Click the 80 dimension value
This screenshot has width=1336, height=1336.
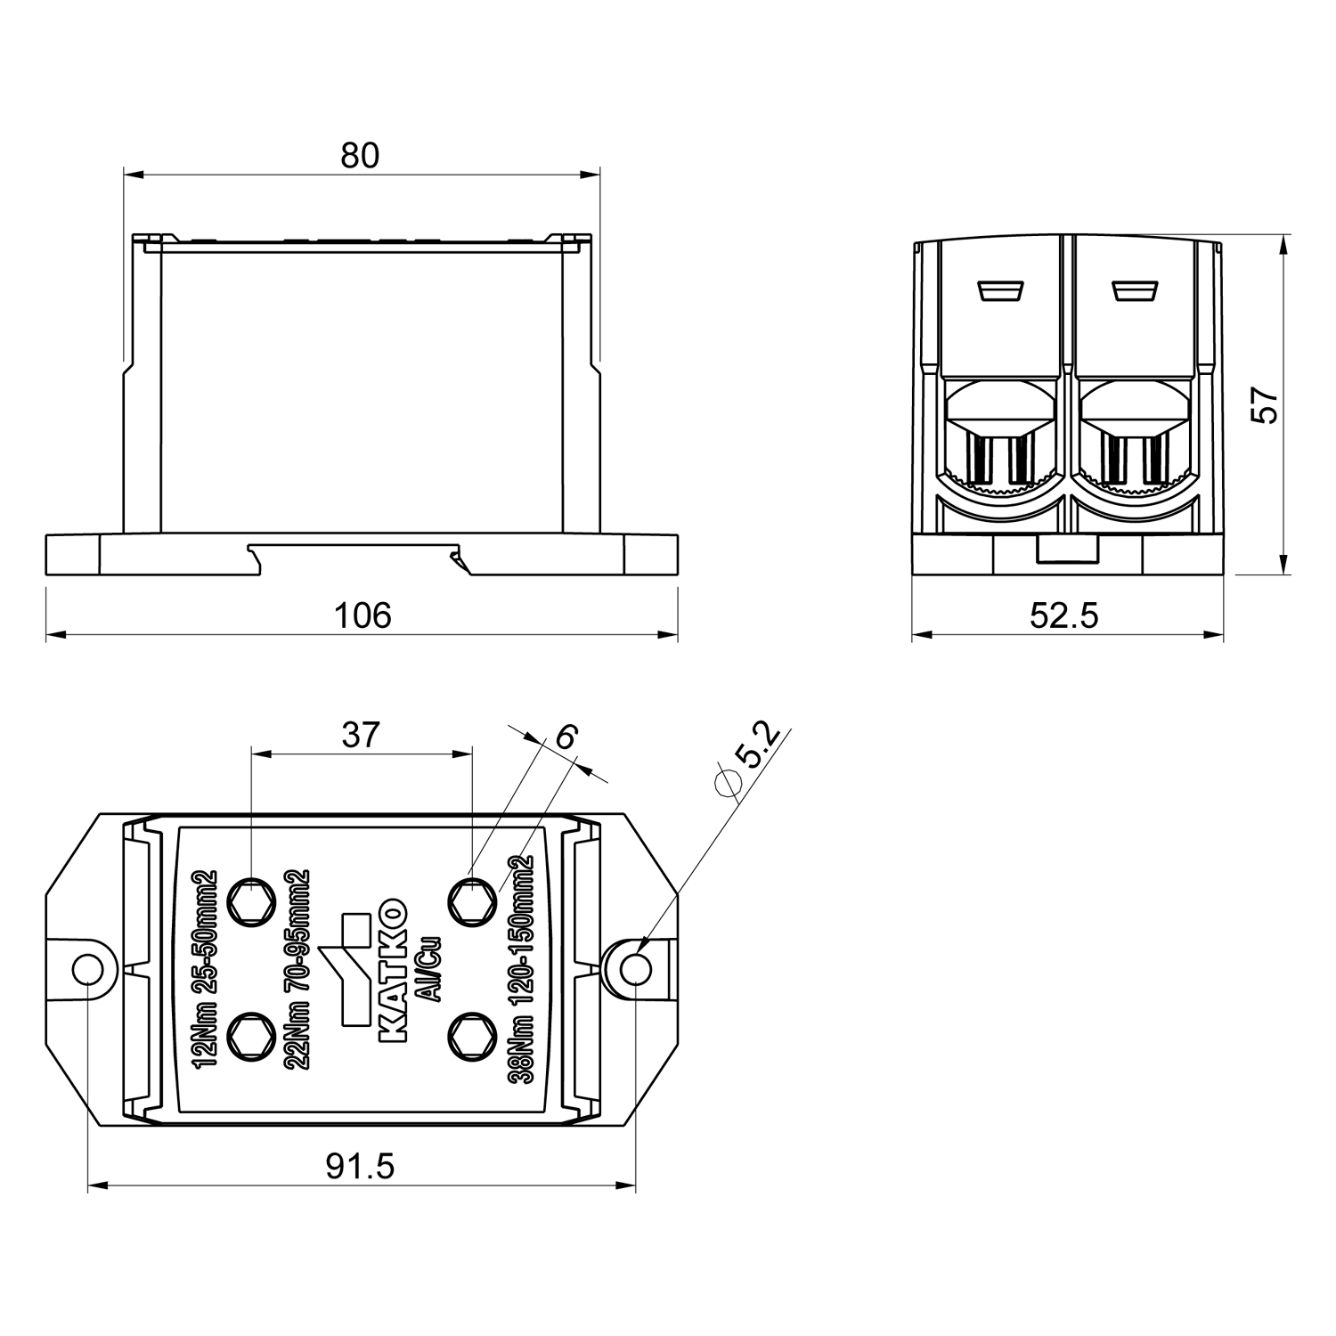click(360, 156)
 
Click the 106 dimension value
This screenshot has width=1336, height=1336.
click(362, 615)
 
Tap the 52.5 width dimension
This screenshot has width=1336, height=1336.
click(1064, 615)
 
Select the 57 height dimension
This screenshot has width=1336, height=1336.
click(1264, 406)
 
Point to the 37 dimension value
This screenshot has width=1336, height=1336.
click(361, 735)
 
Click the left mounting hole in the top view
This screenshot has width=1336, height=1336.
click(89, 969)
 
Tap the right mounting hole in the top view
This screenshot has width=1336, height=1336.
click(634, 969)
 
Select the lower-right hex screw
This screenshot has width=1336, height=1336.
click(470, 1035)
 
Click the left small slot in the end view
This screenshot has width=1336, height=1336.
click(999, 290)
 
